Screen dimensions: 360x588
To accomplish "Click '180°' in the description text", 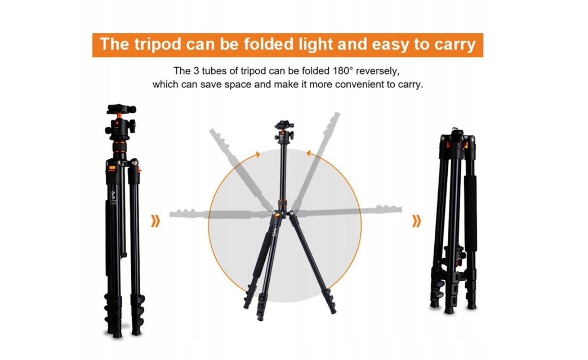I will click(345, 71).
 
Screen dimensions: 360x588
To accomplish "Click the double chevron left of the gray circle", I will click(155, 222).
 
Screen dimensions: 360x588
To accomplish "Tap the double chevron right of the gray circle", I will click(416, 222).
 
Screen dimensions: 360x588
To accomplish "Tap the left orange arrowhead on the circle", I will click(257, 154).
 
